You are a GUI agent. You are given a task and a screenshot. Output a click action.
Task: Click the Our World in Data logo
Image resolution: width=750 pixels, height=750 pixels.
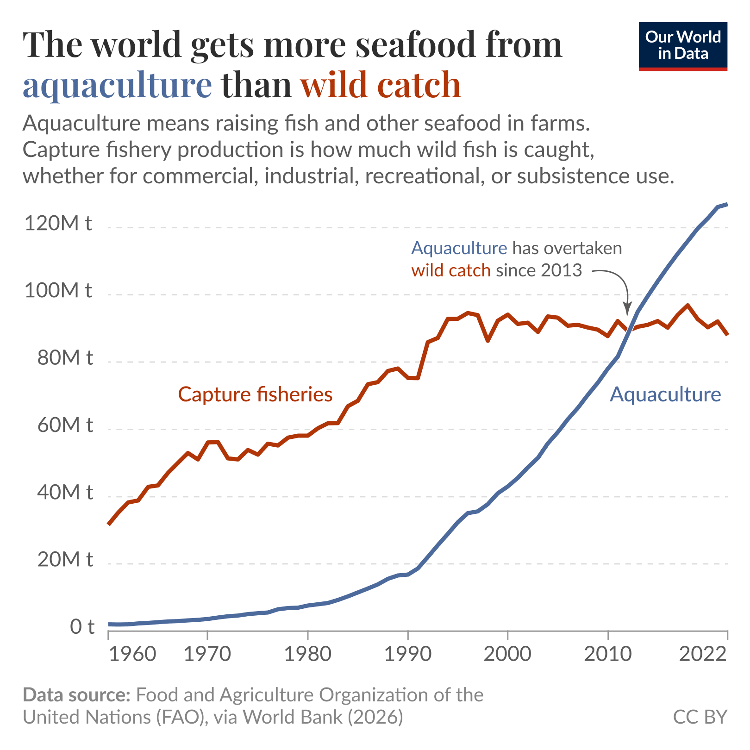point(682,46)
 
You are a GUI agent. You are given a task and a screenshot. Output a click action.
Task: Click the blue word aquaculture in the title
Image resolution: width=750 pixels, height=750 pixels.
point(117,85)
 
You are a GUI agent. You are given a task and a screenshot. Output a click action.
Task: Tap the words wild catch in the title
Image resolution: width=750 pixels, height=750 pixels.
point(381,85)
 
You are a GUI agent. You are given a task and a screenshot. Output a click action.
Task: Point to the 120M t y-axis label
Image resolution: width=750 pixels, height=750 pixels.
point(58,223)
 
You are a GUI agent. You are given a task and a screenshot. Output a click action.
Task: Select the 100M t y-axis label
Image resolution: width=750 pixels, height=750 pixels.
point(58,291)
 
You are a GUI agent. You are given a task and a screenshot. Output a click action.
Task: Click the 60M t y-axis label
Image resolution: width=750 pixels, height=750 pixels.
point(64,425)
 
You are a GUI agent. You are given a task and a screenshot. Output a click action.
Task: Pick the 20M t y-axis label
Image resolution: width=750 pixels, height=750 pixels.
point(64,560)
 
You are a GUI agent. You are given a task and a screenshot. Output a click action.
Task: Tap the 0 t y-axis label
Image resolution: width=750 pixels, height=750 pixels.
point(82,627)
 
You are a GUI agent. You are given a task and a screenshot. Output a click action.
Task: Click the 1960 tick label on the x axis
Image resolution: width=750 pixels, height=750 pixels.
point(132,654)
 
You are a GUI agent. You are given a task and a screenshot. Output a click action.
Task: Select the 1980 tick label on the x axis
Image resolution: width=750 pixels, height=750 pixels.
point(307,654)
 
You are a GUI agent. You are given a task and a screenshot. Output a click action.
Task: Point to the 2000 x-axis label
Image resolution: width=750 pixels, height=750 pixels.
point(507,654)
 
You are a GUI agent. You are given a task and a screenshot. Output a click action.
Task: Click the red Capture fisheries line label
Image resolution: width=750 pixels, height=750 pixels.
point(255,394)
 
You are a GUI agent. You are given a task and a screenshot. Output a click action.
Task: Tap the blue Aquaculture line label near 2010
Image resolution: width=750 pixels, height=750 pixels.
point(665,394)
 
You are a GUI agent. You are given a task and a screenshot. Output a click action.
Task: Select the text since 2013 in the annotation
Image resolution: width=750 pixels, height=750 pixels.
point(538,270)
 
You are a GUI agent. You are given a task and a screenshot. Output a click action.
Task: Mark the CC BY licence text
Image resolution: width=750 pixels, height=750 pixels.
point(700,717)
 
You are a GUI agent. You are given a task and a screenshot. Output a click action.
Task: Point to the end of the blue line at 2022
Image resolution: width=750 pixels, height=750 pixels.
point(727,204)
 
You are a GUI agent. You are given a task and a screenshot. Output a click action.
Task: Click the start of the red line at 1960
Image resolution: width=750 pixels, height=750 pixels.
point(108,524)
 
